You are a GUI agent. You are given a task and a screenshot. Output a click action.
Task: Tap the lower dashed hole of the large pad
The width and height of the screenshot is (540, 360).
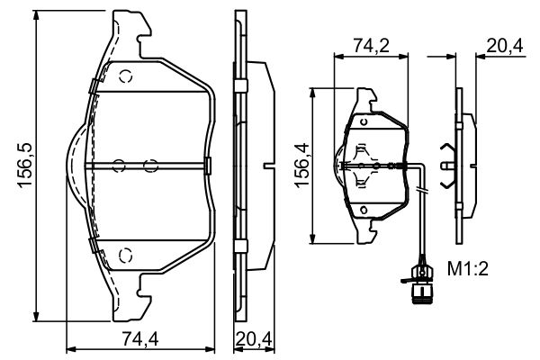click(x=126, y=254)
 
